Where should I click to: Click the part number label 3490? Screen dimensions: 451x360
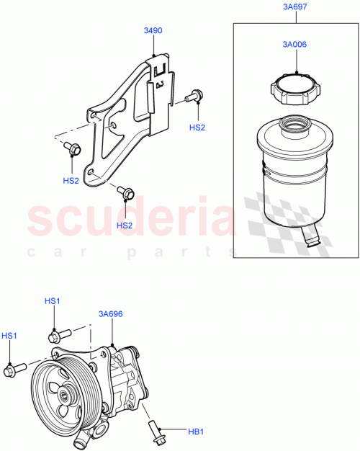tap(152, 31)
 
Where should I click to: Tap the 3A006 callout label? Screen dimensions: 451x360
tap(295, 44)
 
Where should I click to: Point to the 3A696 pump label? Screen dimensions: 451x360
tap(110, 314)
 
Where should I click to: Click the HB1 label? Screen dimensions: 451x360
tap(195, 432)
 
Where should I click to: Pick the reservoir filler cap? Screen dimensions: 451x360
tap(295, 90)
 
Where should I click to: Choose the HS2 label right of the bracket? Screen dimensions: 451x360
tap(197, 127)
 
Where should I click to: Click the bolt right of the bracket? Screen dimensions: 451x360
tap(194, 95)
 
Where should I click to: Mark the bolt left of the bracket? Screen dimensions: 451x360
tap(72, 148)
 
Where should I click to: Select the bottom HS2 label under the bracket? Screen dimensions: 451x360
tap(125, 225)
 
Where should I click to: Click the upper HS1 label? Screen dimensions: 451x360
tap(53, 300)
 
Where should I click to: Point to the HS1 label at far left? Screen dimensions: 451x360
tap(9, 336)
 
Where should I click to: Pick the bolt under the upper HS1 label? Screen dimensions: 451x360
tap(58, 335)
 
